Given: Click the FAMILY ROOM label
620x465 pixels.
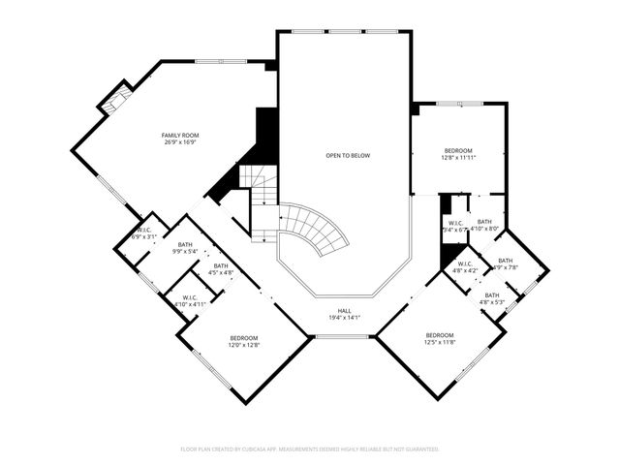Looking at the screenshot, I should tap(179, 135).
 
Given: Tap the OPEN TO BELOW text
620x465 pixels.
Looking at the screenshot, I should tap(347, 155).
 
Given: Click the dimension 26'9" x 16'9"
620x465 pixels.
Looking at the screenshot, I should tap(179, 142).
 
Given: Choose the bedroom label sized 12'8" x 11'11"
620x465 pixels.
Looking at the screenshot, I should tap(458, 150).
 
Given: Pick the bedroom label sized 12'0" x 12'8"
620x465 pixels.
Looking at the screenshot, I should tap(243, 337).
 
